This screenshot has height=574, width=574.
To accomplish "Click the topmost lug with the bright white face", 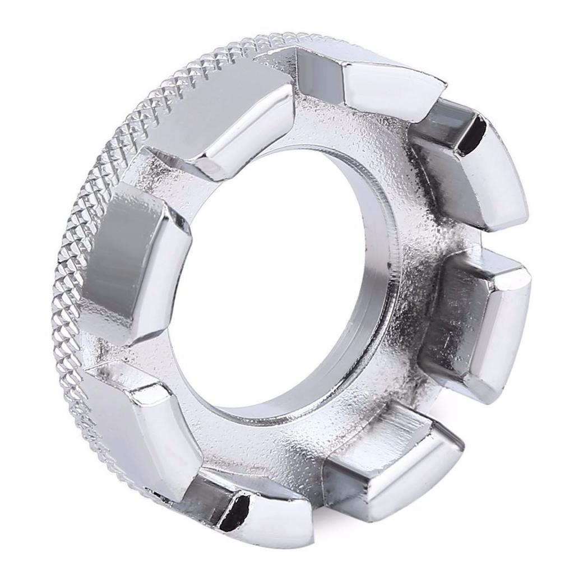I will tap(387, 90).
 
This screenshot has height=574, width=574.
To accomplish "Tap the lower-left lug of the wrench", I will tap(140, 426).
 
